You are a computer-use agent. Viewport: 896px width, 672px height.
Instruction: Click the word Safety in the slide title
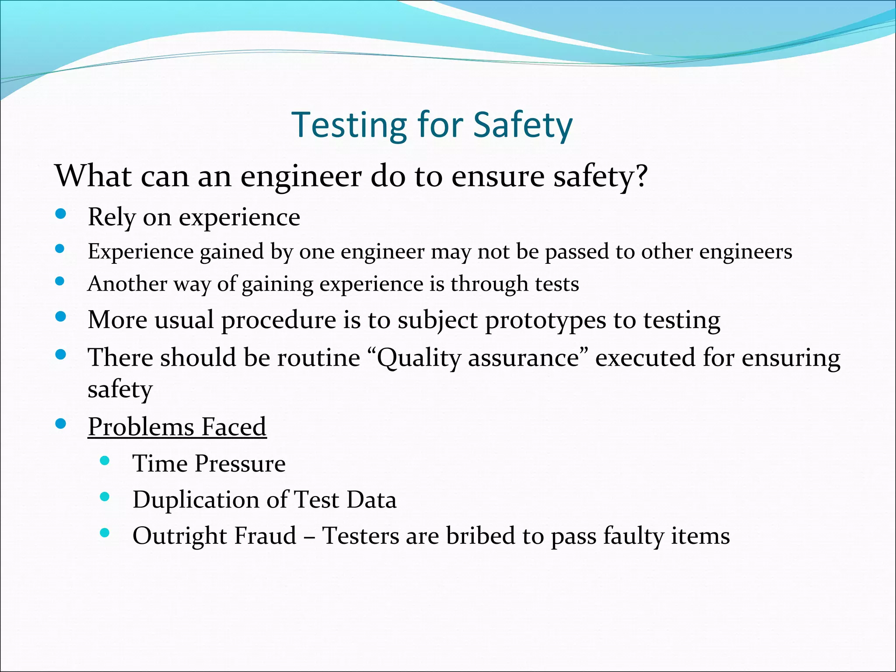(x=523, y=126)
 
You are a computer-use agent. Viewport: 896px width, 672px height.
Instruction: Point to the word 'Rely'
(x=112, y=217)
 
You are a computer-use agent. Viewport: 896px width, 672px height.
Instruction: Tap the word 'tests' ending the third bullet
(x=557, y=284)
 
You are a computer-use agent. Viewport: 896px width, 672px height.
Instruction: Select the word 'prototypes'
(x=546, y=320)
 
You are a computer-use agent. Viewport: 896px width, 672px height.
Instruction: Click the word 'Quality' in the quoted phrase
(x=417, y=358)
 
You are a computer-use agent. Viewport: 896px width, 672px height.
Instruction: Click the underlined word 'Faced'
(x=234, y=427)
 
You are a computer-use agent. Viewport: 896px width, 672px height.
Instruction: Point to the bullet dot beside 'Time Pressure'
(x=105, y=460)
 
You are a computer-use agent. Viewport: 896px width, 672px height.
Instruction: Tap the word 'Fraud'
(x=266, y=535)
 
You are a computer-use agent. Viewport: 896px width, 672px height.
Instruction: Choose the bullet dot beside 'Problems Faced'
(x=61, y=423)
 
